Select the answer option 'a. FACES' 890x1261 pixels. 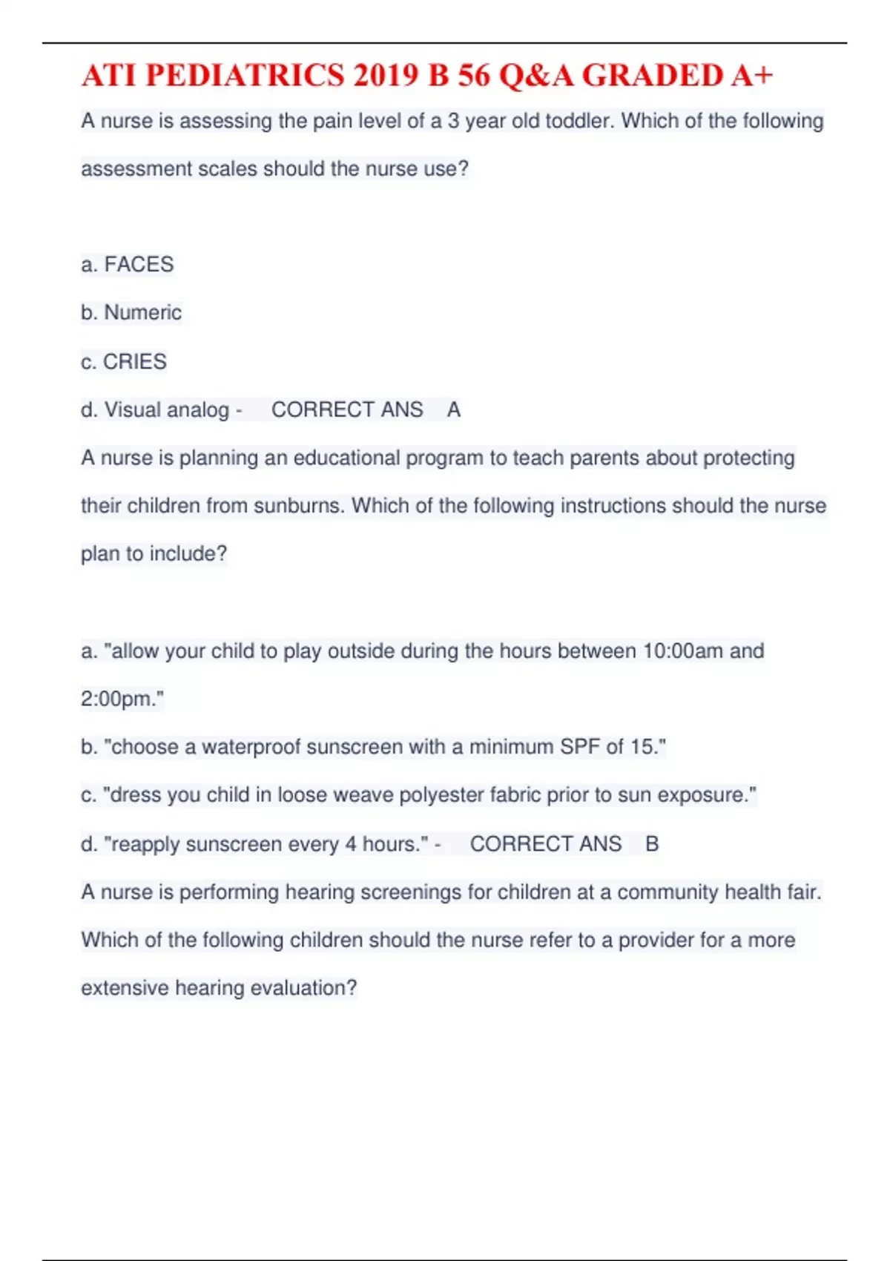pyautogui.click(x=128, y=265)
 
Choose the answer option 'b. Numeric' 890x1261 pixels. pyautogui.click(x=131, y=313)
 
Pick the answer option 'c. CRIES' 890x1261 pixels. pyautogui.click(x=124, y=362)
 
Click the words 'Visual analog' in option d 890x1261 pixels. pyautogui.click(x=167, y=410)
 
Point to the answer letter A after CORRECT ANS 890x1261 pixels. pyautogui.click(x=454, y=410)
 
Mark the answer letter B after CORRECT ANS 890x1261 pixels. pyautogui.click(x=652, y=844)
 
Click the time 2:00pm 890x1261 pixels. pyautogui.click(x=120, y=699)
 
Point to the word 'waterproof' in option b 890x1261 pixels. pyautogui.click(x=251, y=747)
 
